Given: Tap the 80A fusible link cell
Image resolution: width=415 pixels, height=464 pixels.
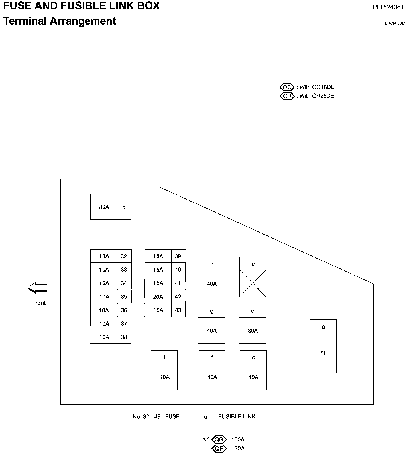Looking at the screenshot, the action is pyautogui.click(x=104, y=207).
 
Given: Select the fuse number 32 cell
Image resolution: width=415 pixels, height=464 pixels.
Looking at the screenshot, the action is pyautogui.click(x=124, y=256).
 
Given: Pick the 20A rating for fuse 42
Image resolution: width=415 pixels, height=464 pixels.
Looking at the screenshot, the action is pyautogui.click(x=158, y=297).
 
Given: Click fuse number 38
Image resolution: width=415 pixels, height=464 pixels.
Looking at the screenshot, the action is pyautogui.click(x=124, y=337).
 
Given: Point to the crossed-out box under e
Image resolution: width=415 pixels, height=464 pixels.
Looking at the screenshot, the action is pyautogui.click(x=253, y=284).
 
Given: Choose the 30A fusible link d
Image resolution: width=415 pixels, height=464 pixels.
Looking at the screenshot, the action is pyautogui.click(x=253, y=331).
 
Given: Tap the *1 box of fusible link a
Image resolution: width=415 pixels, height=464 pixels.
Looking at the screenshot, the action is pyautogui.click(x=323, y=353).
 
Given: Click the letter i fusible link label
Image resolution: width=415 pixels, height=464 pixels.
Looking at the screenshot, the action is pyautogui.click(x=164, y=357).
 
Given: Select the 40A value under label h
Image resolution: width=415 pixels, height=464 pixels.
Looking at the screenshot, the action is pyautogui.click(x=212, y=284).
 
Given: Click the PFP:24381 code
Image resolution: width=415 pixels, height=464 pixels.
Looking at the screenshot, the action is pyautogui.click(x=388, y=7).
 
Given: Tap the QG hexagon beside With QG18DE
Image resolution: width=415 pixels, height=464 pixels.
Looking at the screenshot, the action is pyautogui.click(x=287, y=87).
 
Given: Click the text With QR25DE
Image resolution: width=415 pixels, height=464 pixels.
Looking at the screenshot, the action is pyautogui.click(x=317, y=96).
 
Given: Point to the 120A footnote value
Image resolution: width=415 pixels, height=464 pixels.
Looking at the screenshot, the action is pyautogui.click(x=238, y=448).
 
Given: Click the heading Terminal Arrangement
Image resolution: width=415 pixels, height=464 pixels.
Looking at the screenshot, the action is pyautogui.click(x=60, y=21).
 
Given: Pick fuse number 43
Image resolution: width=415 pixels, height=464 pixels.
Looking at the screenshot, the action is pyautogui.click(x=178, y=310).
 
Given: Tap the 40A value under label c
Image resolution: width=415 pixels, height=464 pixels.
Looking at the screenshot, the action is pyautogui.click(x=253, y=377).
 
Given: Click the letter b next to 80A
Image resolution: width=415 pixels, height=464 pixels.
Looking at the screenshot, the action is pyautogui.click(x=124, y=207).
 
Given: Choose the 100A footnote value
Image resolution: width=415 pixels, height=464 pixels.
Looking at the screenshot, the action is pyautogui.click(x=238, y=439).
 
